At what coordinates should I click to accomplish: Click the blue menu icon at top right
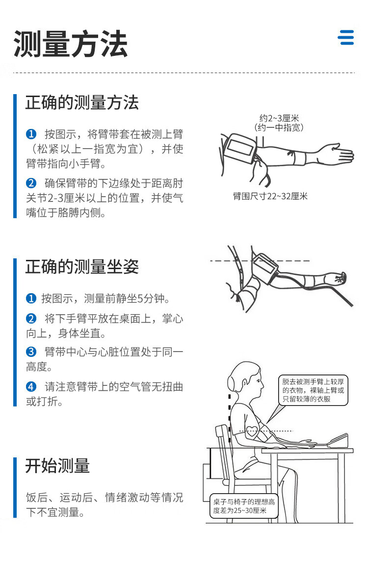click(346, 38)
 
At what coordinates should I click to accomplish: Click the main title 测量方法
click(71, 44)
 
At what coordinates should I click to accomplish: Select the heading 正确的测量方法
click(82, 102)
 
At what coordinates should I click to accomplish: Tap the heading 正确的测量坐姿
click(82, 267)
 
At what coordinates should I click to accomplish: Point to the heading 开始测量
click(57, 466)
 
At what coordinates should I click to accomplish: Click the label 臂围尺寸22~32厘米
click(270, 196)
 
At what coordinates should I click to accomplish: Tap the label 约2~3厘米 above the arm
click(279, 118)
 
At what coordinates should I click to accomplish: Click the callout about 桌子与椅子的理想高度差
click(243, 506)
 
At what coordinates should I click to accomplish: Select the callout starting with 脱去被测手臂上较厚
click(313, 390)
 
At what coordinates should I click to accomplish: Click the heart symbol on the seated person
click(252, 430)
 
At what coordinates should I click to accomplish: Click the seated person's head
click(245, 380)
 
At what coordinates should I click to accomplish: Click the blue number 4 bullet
click(31, 387)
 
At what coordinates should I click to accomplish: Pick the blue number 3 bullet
click(31, 352)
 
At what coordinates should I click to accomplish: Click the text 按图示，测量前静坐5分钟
click(105, 299)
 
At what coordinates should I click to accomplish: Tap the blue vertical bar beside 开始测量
click(15, 487)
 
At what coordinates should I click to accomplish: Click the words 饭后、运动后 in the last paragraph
click(59, 498)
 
